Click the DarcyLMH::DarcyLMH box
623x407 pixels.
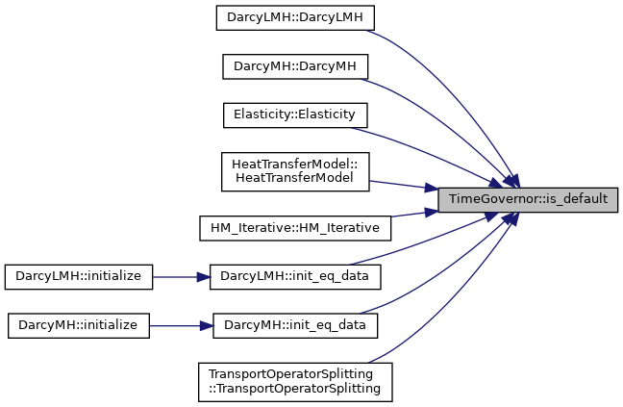coord(295,18)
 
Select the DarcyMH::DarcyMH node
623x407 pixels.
coord(295,66)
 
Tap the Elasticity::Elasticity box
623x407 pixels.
coord(295,115)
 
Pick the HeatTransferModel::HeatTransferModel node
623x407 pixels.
coord(295,171)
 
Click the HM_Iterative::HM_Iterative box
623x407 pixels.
coord(295,228)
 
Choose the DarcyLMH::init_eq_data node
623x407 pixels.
coord(295,277)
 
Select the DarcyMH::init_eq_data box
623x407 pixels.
coord(295,325)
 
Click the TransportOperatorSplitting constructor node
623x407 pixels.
coord(295,382)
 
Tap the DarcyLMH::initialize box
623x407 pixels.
coord(79,277)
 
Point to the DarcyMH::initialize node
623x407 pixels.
coord(79,325)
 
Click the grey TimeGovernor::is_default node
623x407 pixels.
coord(528,199)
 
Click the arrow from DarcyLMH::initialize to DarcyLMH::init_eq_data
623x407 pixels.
coord(181,277)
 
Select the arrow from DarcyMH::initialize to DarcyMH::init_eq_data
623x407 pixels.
coord(181,326)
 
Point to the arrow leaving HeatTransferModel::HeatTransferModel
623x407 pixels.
coord(404,185)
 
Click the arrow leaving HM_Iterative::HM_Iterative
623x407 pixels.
coord(414,214)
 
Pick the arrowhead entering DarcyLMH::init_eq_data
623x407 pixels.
coord(204,277)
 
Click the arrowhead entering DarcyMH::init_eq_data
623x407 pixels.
coord(207,326)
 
